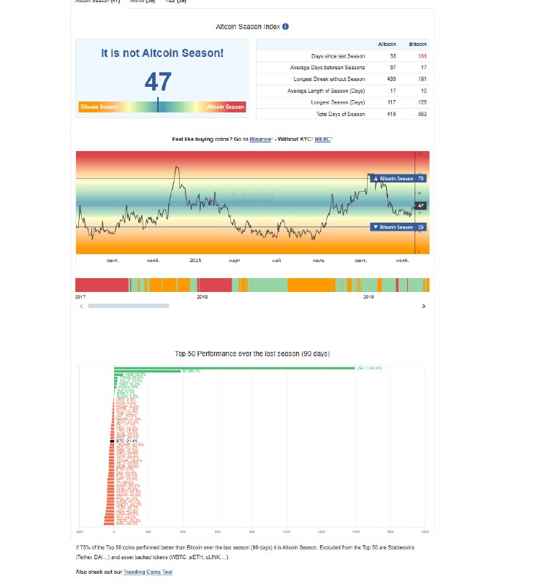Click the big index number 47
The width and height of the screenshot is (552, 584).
[158, 81]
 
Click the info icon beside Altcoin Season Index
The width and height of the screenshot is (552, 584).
[285, 27]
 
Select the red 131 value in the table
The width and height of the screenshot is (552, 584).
[422, 56]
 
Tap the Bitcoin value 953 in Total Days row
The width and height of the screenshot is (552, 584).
[422, 114]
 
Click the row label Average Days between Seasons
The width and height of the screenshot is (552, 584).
[328, 67]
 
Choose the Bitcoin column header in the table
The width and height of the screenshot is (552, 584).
[418, 45]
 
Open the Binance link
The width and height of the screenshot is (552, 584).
[260, 139]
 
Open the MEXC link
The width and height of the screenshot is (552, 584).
[322, 139]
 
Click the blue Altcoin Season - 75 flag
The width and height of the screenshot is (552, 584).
[398, 178]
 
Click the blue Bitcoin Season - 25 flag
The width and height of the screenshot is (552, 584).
[398, 227]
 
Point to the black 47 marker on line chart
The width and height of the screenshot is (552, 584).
[420, 206]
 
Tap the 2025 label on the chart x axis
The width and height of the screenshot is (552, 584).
[195, 260]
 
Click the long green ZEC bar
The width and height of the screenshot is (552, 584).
[234, 368]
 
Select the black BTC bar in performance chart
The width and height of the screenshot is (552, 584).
[112, 442]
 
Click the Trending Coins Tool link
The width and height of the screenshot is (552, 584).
[148, 572]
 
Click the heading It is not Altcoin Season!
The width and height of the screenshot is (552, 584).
[162, 53]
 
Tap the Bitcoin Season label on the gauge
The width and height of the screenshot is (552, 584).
[99, 107]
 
